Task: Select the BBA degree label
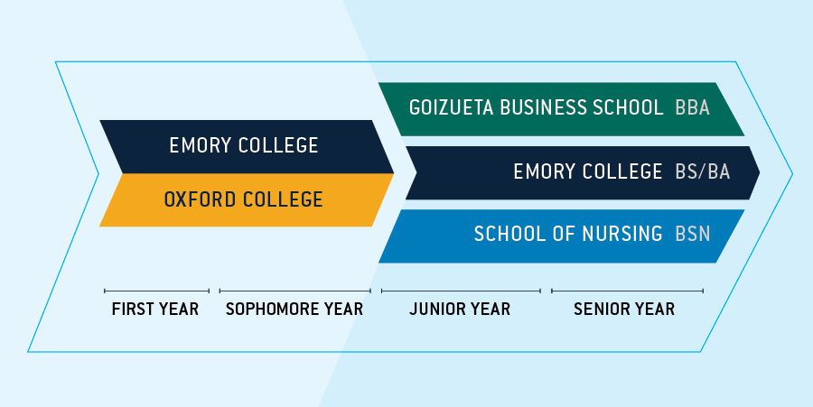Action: (x=692, y=107)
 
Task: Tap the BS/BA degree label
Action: (x=703, y=171)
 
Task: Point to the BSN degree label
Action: (x=692, y=234)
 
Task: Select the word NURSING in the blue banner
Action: (x=622, y=234)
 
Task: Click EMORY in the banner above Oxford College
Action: (x=199, y=145)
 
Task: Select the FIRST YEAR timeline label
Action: (x=155, y=310)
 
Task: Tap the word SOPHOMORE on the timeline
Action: (x=271, y=310)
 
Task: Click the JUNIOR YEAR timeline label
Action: (x=460, y=310)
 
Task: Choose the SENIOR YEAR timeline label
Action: (x=624, y=310)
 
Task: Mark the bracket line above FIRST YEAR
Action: (x=156, y=291)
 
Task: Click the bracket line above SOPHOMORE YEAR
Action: (x=295, y=291)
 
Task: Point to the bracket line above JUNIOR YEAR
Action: (x=461, y=291)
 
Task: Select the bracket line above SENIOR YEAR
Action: (x=628, y=291)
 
